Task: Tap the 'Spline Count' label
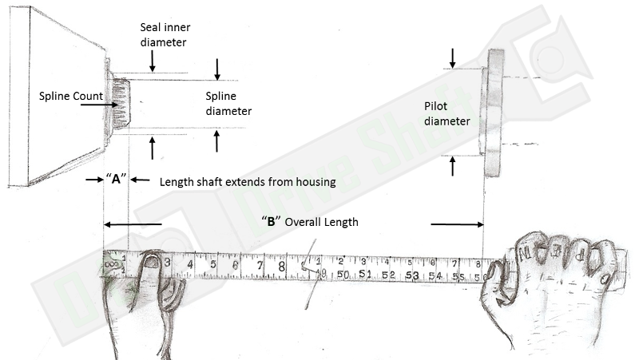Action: (x=71, y=97)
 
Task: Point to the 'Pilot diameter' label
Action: (x=447, y=114)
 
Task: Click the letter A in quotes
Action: (x=116, y=179)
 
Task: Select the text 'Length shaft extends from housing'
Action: (x=247, y=182)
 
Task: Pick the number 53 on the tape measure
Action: (x=412, y=275)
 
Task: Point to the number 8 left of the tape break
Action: (x=282, y=265)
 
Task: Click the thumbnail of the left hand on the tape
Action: (x=151, y=260)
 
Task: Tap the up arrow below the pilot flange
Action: (x=453, y=165)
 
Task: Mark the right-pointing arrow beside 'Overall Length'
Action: (x=457, y=224)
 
